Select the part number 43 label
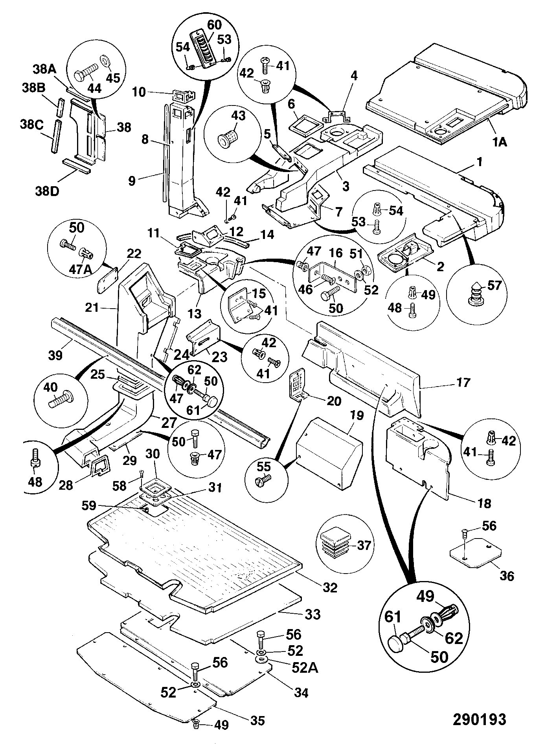(x=238, y=116)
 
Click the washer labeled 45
(x=106, y=62)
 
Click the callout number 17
(x=464, y=382)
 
